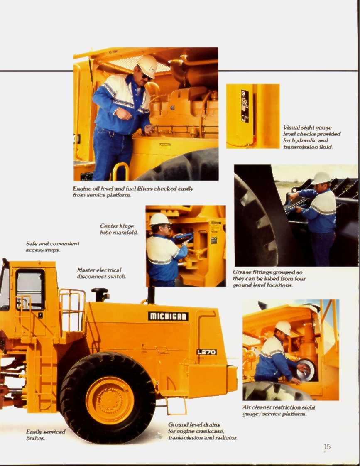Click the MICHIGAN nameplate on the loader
click(168, 316)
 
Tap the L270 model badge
click(206, 352)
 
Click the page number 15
click(327, 446)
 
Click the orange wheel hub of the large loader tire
click(110, 400)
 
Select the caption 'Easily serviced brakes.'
click(46, 435)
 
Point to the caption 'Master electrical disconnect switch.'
click(101, 273)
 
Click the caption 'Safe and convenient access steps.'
click(52, 247)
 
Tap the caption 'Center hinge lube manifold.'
click(119, 229)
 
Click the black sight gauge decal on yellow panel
click(245, 106)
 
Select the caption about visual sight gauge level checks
click(311, 137)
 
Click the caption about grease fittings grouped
click(269, 279)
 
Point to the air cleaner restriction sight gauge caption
click(279, 410)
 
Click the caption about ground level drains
click(202, 431)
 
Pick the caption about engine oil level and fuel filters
click(133, 191)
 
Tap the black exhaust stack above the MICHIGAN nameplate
click(151, 294)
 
